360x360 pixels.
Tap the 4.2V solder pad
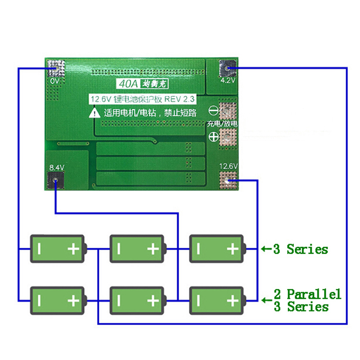(x=228, y=68)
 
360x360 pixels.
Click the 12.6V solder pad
(x=228, y=180)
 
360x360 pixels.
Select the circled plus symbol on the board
(x=213, y=136)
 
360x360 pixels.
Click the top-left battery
(x=57, y=248)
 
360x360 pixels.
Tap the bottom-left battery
(x=57, y=300)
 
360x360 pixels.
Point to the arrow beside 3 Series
(x=265, y=248)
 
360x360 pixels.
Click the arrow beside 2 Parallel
(x=265, y=298)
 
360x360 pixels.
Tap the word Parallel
(x=314, y=295)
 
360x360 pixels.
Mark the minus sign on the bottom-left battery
(x=39, y=300)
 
